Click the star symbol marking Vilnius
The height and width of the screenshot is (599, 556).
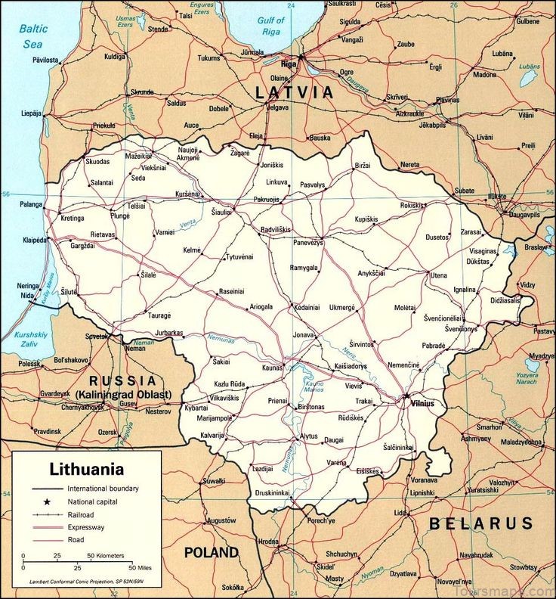pos(406,395)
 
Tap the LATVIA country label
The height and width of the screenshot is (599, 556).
pos(294,93)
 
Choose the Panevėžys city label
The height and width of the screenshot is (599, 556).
pos(308,242)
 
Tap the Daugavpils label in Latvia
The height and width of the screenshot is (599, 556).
pos(525,215)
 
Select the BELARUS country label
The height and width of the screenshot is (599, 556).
pos(481,523)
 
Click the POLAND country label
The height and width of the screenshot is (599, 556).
pos(212,553)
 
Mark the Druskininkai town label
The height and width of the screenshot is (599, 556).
pos(272,492)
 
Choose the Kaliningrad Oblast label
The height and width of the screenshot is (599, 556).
pos(122,395)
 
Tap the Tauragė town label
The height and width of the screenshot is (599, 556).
pos(159,315)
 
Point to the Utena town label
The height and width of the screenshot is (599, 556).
pos(439,275)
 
